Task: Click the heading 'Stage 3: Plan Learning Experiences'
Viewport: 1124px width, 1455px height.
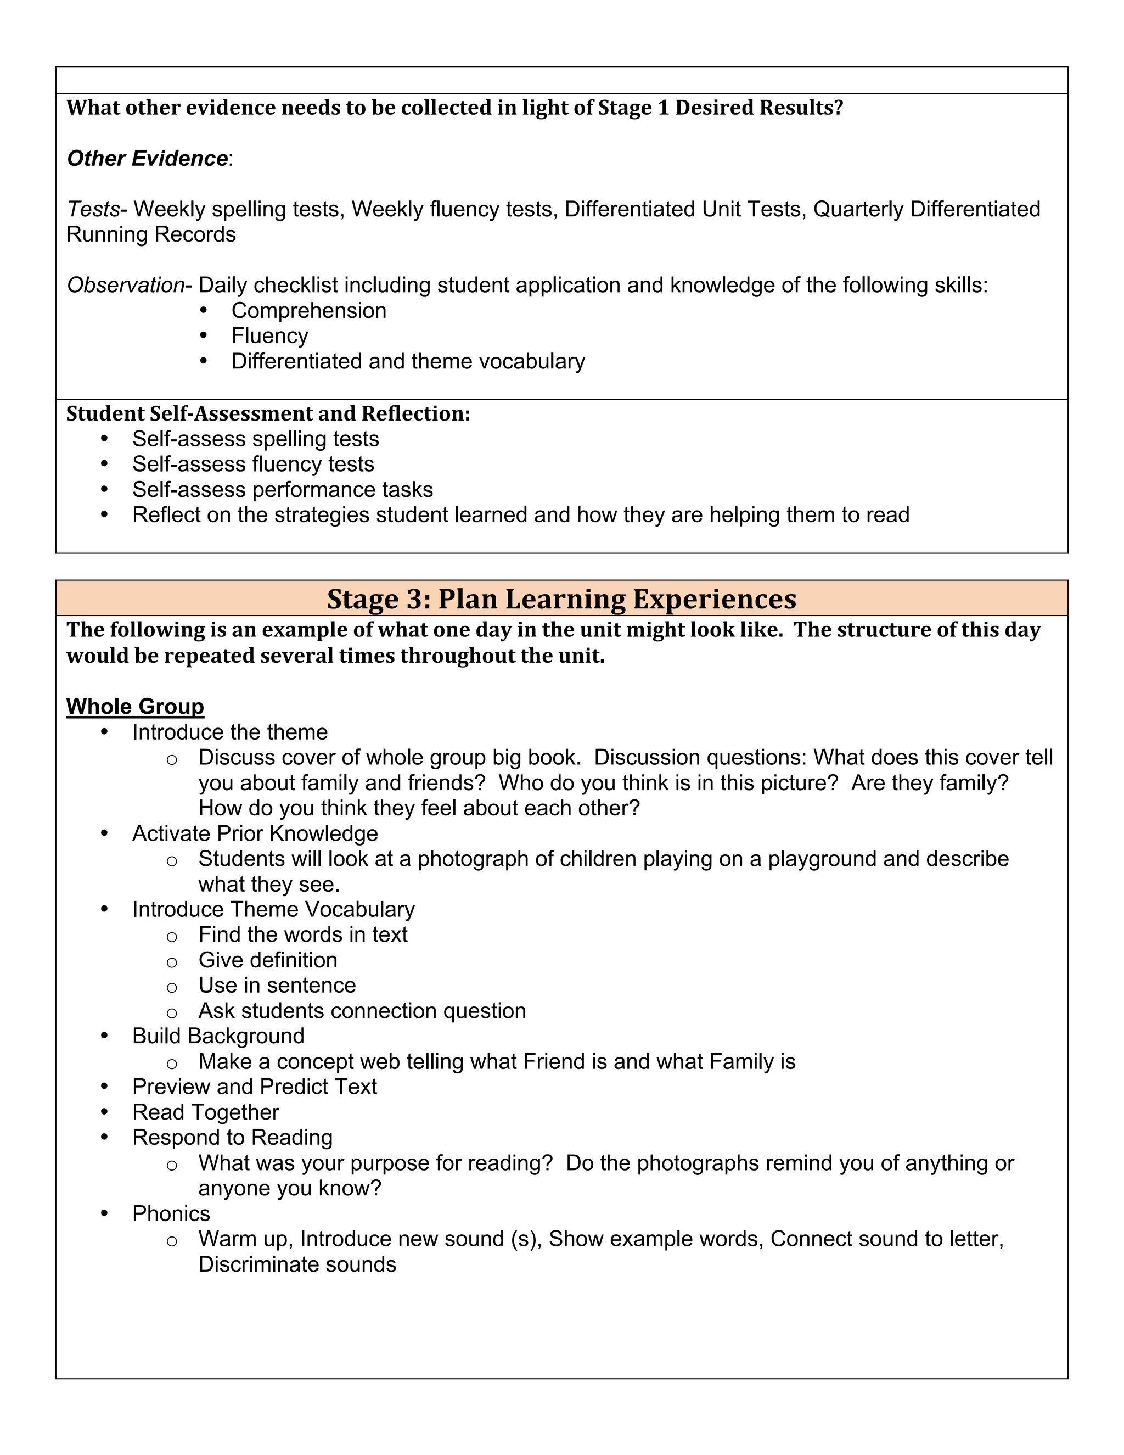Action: pos(561,599)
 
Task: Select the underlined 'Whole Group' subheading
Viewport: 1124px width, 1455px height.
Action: pos(135,706)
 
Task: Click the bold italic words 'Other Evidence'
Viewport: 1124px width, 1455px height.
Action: pos(147,159)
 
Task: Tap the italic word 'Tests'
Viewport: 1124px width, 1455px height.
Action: pos(93,209)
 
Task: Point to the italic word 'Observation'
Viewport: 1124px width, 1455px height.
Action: pos(125,285)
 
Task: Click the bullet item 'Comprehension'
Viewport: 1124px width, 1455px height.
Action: pos(308,310)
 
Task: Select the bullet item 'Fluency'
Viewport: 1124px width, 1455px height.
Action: pos(269,336)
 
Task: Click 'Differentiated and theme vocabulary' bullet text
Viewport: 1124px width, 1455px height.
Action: pos(408,361)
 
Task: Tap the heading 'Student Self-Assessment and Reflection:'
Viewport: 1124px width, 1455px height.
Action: pos(268,414)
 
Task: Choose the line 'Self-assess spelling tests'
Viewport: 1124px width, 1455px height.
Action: pos(255,439)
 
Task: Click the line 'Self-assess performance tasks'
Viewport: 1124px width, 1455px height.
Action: pos(282,490)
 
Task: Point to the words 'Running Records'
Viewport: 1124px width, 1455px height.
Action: pos(151,234)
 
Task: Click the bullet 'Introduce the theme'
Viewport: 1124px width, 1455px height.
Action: pos(230,732)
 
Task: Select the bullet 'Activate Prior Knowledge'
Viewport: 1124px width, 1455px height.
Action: pos(255,833)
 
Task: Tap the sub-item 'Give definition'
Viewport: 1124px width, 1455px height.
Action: pos(268,960)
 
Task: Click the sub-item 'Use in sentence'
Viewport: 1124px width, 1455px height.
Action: pos(277,986)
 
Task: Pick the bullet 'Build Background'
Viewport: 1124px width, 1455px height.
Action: pos(218,1036)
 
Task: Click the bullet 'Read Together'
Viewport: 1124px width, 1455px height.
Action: pos(206,1112)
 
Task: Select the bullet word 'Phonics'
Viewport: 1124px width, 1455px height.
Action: pos(171,1213)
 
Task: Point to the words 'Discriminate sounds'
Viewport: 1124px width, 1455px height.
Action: pos(297,1264)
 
